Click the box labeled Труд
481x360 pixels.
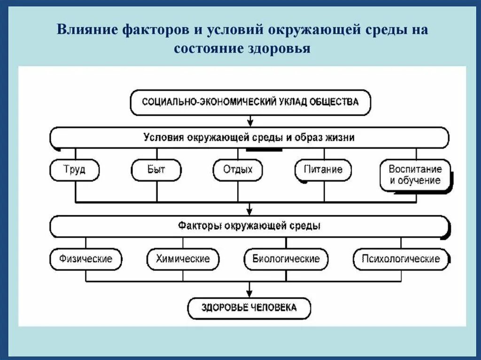74,169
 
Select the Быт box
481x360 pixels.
156,169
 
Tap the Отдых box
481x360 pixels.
238,169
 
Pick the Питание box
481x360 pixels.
323,169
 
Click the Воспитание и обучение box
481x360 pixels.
415,175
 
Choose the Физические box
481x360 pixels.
85,259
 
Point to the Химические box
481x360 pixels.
183,259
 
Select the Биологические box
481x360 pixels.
286,259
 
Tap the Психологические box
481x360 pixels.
401,259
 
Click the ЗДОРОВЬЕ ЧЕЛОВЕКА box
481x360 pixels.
249,308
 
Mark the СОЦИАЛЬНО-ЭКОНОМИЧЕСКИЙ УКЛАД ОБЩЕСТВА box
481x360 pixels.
250,102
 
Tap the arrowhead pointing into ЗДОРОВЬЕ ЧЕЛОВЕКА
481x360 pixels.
250,291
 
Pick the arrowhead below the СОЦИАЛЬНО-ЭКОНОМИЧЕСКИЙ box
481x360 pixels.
250,123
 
